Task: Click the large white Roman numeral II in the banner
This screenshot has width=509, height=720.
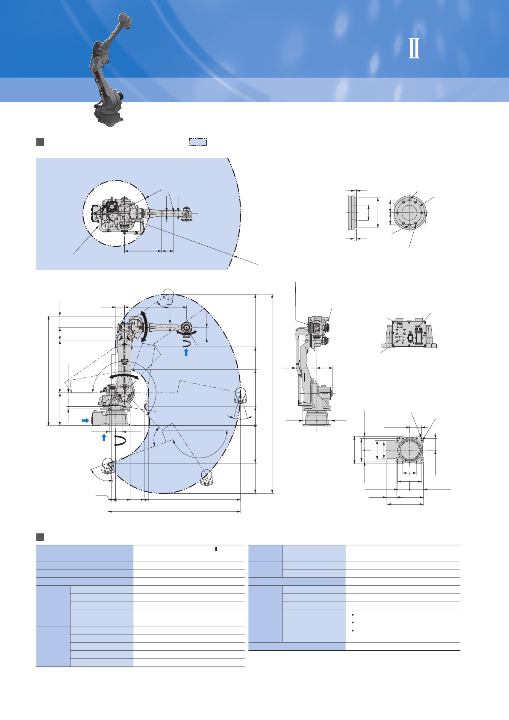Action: [414, 48]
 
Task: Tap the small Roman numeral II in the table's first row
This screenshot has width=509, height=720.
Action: [216, 549]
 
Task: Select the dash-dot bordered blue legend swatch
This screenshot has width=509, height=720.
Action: [198, 142]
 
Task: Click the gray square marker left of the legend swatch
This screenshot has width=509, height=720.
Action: [40, 142]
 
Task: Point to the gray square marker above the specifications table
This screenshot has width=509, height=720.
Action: [40, 537]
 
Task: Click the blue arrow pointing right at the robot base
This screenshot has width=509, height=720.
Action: [85, 420]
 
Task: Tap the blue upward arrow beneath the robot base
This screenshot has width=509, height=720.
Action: [104, 437]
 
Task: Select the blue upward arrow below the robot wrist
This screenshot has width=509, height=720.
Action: [186, 352]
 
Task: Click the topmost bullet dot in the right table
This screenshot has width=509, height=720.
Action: [353, 615]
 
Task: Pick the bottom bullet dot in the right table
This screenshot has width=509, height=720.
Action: [353, 631]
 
